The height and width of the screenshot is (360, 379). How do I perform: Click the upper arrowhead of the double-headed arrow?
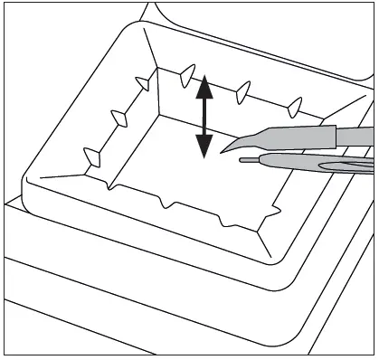pos(204,86)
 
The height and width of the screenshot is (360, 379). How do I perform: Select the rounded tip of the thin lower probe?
pos(243,161)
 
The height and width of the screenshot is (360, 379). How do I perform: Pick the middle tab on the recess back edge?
pos(242,90)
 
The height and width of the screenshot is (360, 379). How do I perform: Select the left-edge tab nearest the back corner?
pos(142,82)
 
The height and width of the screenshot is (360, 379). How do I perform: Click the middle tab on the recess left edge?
pos(118,116)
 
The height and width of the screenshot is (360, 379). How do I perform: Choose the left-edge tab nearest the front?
pos(91,155)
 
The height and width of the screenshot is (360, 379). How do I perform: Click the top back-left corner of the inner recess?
pos(157,67)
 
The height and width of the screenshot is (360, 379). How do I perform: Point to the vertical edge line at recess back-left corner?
pos(158,90)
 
